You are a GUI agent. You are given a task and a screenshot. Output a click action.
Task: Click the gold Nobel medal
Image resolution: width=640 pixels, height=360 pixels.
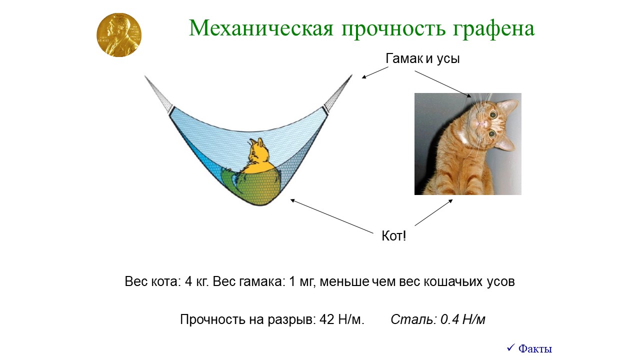[x=119, y=35]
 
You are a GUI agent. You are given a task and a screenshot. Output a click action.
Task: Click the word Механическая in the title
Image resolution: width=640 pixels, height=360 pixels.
[x=261, y=28]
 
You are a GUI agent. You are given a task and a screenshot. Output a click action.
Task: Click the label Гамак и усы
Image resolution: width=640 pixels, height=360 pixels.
[x=422, y=58]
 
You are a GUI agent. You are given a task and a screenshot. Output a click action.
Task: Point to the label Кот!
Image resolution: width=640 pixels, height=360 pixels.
[x=393, y=236]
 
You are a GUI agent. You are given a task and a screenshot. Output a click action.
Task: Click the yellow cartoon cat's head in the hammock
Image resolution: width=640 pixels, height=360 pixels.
[x=258, y=151]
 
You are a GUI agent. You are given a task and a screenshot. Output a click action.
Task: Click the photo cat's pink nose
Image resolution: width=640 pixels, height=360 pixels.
[x=482, y=123]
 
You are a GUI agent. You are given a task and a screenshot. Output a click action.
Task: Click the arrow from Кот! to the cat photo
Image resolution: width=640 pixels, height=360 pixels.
[x=433, y=212]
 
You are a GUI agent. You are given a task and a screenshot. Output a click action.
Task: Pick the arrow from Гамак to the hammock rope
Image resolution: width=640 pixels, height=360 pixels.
[x=375, y=72]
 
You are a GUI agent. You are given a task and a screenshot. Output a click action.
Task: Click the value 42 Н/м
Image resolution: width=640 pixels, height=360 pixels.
[x=341, y=319]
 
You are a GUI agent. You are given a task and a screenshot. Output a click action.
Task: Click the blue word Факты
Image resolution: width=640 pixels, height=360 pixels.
[x=535, y=349]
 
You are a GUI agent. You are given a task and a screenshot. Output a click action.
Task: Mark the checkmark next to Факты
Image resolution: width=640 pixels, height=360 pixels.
[x=510, y=347]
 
